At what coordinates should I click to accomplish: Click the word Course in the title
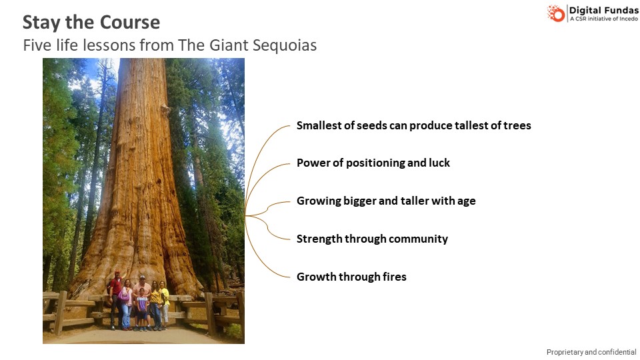click(x=130, y=22)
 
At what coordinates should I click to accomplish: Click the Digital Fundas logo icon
click(x=555, y=13)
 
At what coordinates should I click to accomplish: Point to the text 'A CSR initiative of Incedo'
click(x=604, y=19)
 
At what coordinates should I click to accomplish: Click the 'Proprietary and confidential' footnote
click(x=591, y=352)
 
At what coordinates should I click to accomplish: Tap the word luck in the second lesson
click(x=439, y=163)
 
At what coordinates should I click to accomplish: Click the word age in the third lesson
click(x=467, y=201)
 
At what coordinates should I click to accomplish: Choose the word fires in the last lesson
click(x=394, y=276)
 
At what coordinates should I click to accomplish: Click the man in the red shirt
click(x=116, y=298)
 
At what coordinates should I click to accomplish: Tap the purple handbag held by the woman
click(x=123, y=296)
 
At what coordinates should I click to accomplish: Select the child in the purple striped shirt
click(x=141, y=309)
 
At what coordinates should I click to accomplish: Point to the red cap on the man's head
click(x=117, y=272)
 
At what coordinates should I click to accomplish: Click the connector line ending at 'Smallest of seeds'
click(x=261, y=155)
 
